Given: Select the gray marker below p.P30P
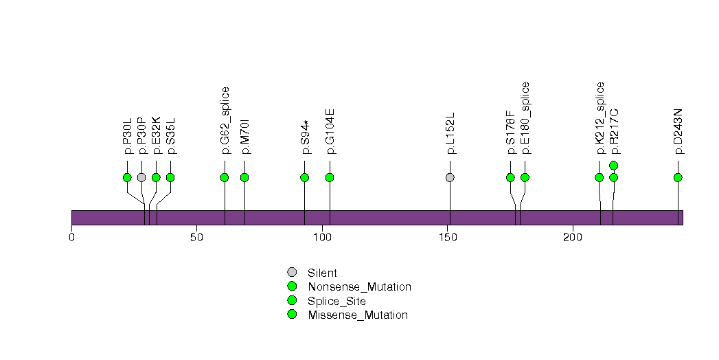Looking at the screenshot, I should (141, 177).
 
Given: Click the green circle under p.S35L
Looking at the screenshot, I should (170, 177).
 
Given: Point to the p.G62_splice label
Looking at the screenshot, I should (225, 120).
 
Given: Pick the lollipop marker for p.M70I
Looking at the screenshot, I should (244, 177).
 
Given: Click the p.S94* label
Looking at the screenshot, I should (304, 137).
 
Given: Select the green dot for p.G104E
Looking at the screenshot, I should (330, 177).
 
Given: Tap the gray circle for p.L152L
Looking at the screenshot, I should (450, 177).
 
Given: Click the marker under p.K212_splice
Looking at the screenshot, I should (600, 177).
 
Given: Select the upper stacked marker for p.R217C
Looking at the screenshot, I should (614, 165).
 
